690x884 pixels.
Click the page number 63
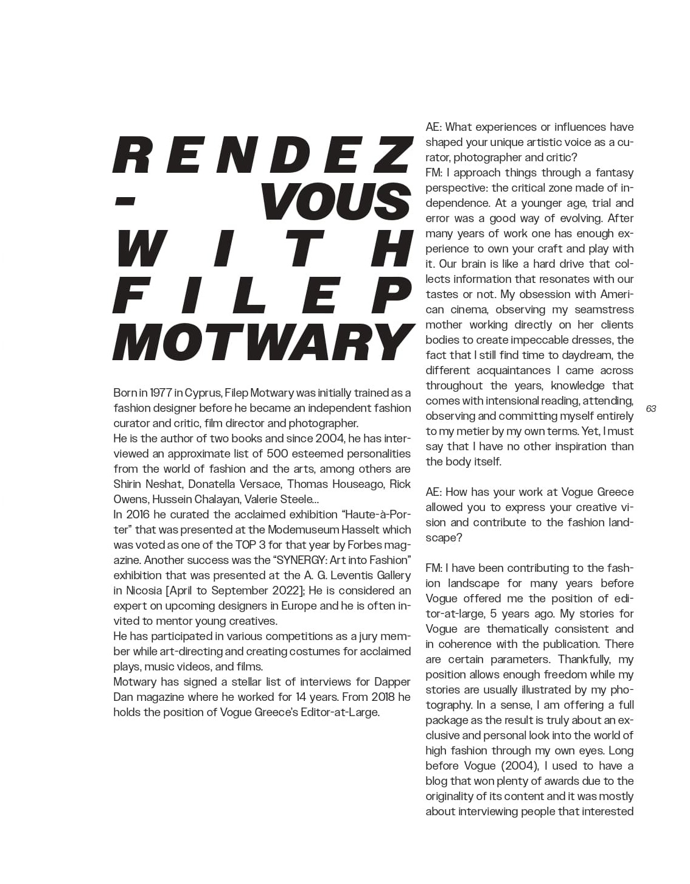click(650, 409)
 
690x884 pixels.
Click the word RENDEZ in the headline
click(262, 156)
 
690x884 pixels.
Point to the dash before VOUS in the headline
click(125, 202)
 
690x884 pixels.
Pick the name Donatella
click(214, 484)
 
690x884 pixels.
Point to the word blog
click(437, 781)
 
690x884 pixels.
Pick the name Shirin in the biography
click(128, 484)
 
